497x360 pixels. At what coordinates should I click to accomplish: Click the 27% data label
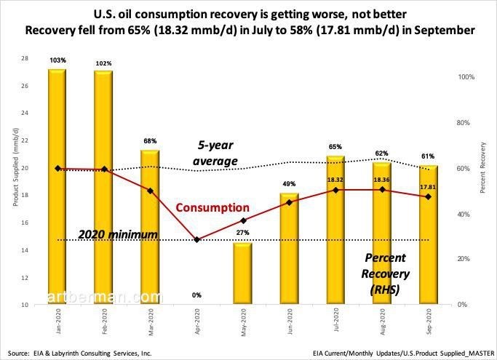pyautogui.click(x=243, y=233)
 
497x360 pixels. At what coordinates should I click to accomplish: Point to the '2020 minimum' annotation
pyautogui.click(x=118, y=234)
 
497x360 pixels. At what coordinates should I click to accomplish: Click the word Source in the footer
pyautogui.click(x=22, y=351)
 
